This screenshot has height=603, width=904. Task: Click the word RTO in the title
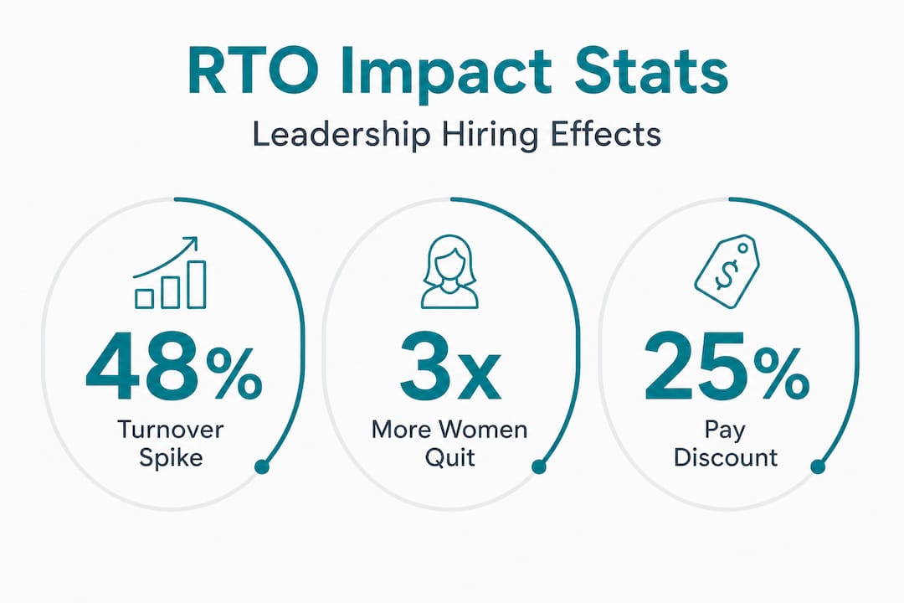(x=253, y=71)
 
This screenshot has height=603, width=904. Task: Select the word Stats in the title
(x=651, y=71)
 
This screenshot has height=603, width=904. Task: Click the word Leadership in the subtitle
(x=342, y=135)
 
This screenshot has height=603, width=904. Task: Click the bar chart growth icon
(x=169, y=272)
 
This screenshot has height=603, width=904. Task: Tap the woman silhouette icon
(x=449, y=271)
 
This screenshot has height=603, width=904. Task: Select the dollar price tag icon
(x=727, y=271)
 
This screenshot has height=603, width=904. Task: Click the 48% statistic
(x=173, y=367)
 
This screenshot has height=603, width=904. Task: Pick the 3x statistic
(x=450, y=367)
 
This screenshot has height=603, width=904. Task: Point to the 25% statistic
(x=727, y=367)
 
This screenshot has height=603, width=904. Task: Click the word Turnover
(x=171, y=430)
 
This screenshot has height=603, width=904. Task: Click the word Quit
(x=450, y=457)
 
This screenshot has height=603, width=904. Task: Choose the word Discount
(x=726, y=457)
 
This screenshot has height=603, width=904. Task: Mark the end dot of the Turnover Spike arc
(x=262, y=466)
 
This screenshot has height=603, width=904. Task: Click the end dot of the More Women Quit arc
(x=539, y=466)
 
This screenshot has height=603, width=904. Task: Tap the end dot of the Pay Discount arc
(x=818, y=466)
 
